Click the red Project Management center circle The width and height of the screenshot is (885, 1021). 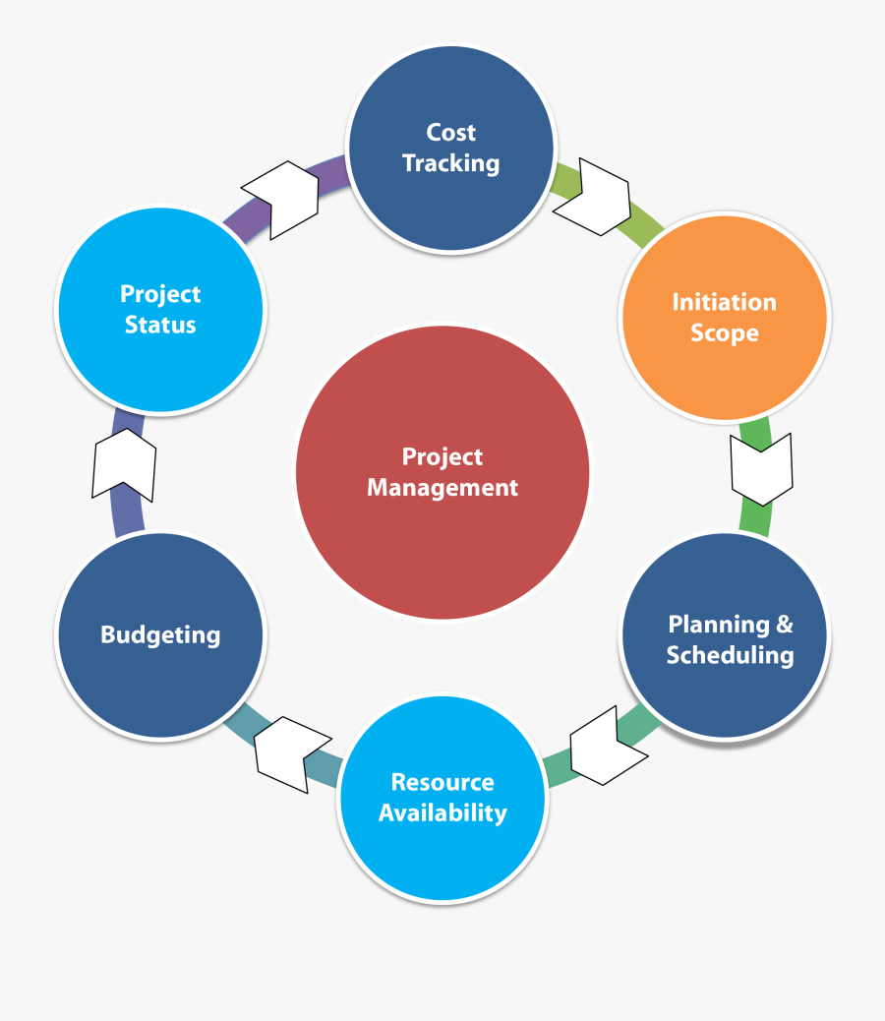[x=442, y=472]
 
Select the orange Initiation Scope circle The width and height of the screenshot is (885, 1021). [x=725, y=317]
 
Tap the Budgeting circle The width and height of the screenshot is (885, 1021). [x=160, y=634]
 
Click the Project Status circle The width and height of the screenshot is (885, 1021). [x=160, y=309]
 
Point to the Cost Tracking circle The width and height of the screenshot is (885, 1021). [x=450, y=148]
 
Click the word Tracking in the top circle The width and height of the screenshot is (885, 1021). [x=450, y=163]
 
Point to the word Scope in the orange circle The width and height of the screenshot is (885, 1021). [x=725, y=333]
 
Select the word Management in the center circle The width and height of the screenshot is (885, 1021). [x=442, y=487]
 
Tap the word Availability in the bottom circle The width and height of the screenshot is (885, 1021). [x=442, y=812]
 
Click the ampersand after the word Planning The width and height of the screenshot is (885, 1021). [x=784, y=624]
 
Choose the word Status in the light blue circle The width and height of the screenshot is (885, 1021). [x=160, y=325]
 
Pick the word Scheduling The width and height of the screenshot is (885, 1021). [x=730, y=655]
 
